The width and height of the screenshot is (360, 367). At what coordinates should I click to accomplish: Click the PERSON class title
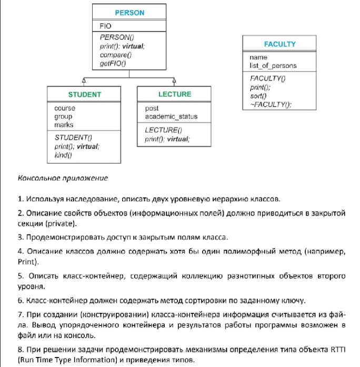129,13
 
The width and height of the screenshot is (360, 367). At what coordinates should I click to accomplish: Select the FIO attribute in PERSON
106,25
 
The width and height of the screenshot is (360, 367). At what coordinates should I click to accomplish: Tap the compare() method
115,54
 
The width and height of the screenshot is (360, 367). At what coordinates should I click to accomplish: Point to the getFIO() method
113,63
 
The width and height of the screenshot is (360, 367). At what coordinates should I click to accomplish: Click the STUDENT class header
85,95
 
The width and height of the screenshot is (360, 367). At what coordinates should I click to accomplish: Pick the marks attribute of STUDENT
64,125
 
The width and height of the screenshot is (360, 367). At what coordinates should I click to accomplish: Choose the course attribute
65,108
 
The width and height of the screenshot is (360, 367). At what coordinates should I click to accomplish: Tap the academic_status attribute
171,117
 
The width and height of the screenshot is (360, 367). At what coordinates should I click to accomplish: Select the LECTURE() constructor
163,130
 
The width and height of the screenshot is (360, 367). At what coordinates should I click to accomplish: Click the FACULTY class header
279,44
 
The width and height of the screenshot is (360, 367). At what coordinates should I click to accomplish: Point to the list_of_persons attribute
273,66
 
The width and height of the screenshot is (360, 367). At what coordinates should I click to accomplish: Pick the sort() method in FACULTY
258,96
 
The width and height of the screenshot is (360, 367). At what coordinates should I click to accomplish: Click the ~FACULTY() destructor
270,104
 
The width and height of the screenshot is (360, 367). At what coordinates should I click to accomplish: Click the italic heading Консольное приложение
63,178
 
